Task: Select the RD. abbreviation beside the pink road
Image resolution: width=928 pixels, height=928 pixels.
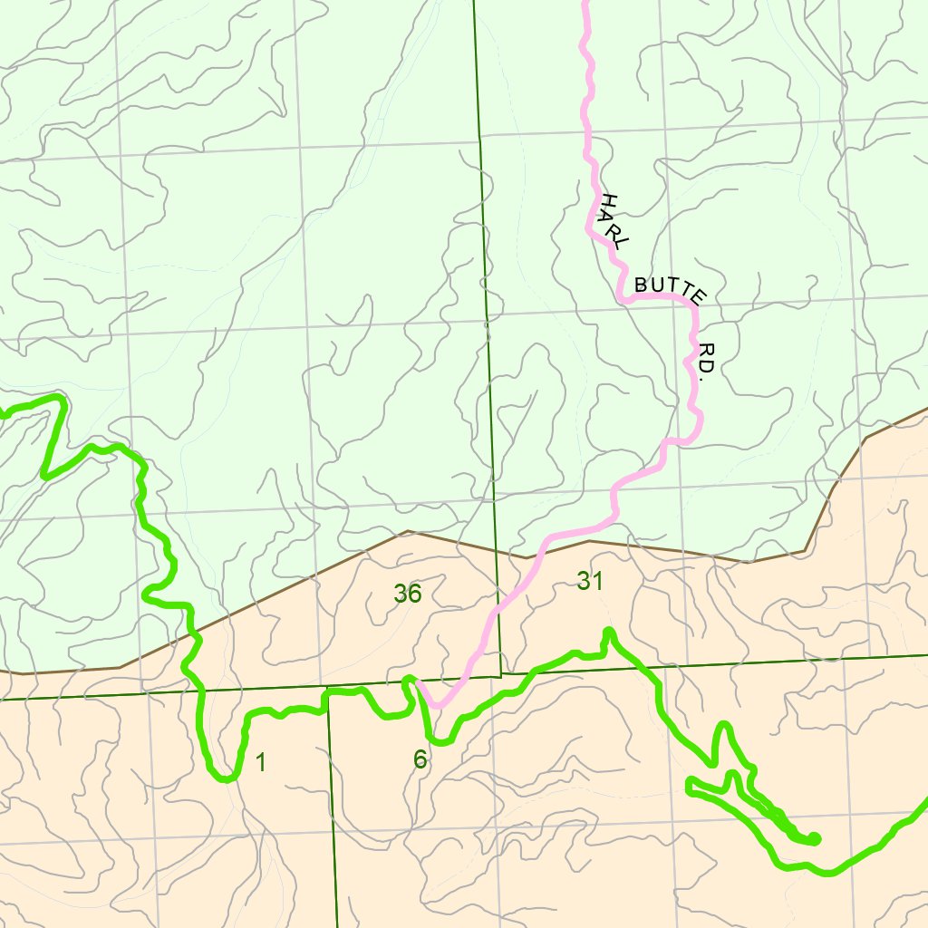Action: (708, 360)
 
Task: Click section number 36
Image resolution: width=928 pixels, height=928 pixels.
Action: (408, 594)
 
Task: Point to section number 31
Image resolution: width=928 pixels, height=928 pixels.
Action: (590, 581)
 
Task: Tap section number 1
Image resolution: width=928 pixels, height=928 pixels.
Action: (261, 763)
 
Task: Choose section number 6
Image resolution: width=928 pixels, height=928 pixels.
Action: (420, 759)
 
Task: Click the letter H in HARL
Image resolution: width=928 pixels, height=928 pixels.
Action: (608, 200)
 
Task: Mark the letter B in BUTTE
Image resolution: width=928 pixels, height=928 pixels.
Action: (640, 285)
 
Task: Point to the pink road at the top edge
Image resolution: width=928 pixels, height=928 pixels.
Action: (585, 3)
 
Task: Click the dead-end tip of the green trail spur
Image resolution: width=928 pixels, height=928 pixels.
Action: (815, 839)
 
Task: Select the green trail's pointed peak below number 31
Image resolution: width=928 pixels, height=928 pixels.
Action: (608, 631)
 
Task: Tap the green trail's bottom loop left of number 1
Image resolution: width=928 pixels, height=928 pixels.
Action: (225, 777)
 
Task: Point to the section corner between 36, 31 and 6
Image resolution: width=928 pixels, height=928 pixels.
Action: (500, 676)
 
